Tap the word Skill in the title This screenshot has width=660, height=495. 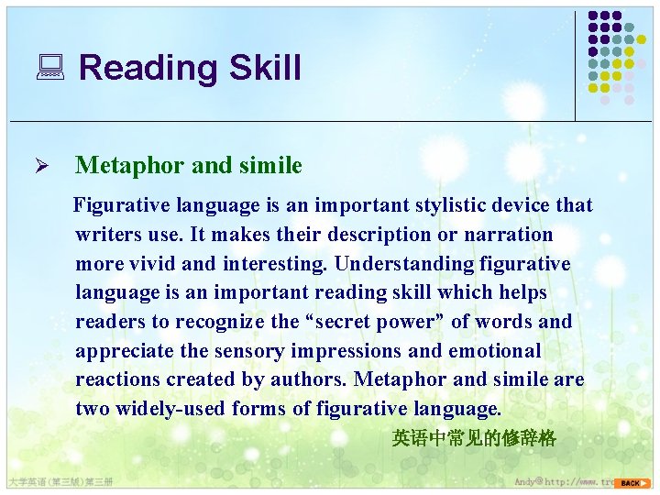coord(265,68)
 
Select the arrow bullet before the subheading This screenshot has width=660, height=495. coord(53,166)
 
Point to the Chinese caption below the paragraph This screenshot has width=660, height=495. coord(474,438)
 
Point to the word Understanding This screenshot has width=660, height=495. coord(404,264)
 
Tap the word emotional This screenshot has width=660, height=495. coord(495,351)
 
